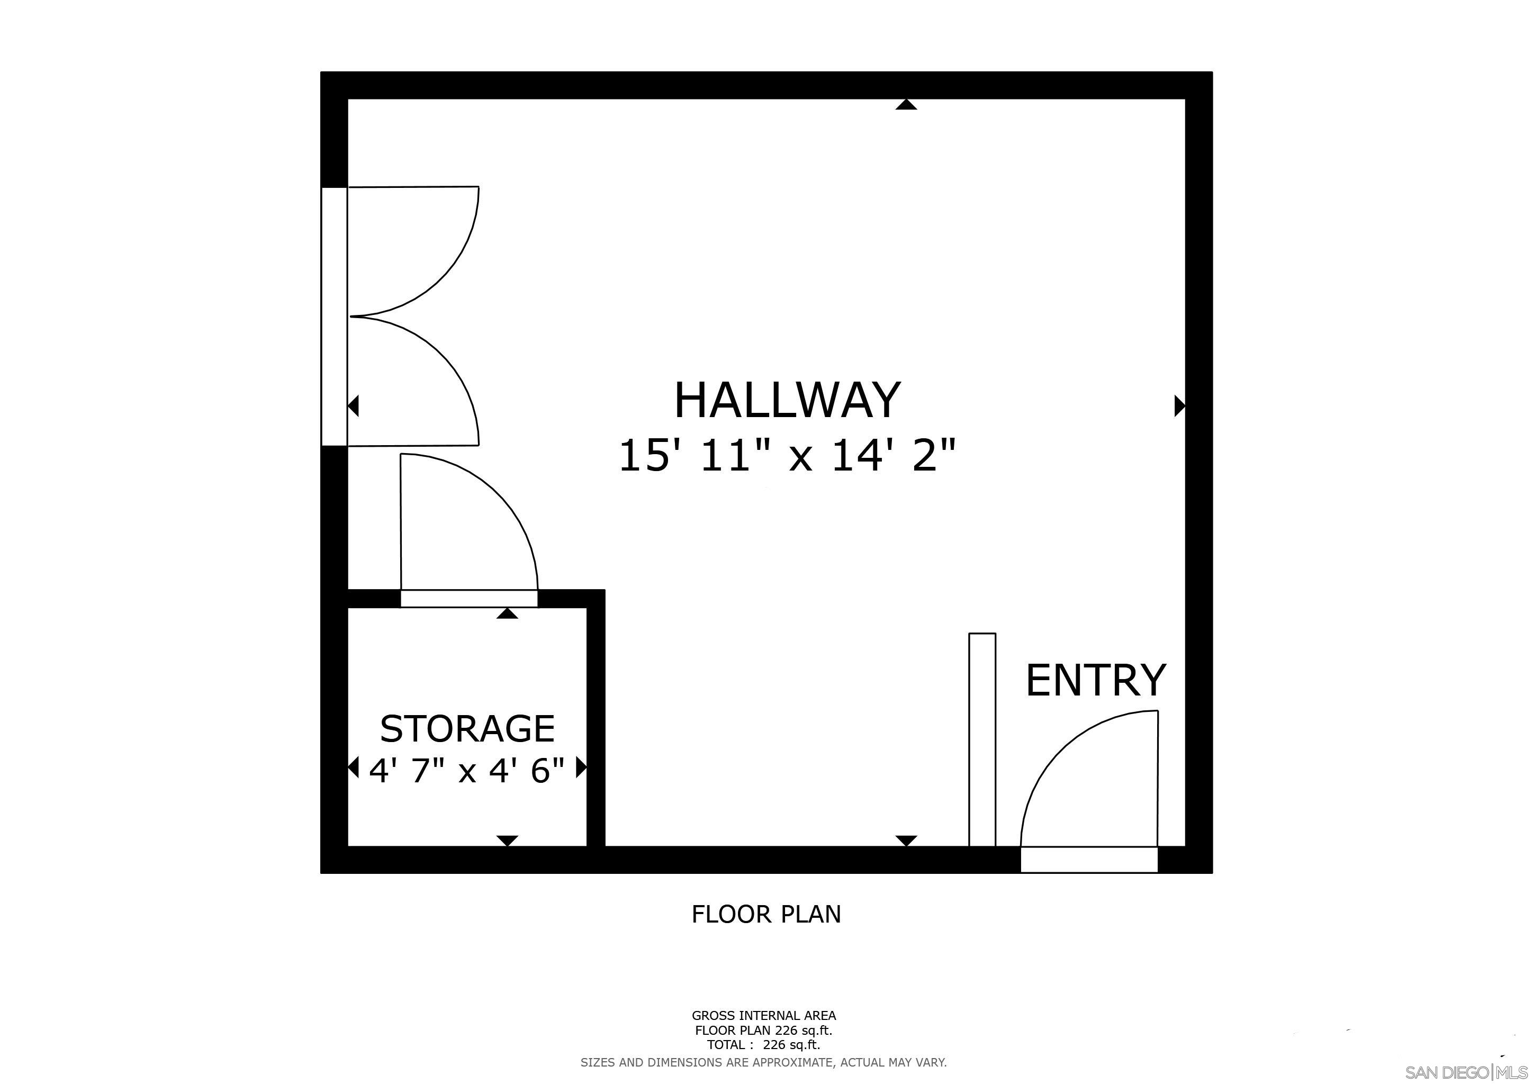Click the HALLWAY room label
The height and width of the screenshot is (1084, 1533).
coord(787,401)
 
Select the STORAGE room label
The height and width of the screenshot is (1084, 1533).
coord(467,729)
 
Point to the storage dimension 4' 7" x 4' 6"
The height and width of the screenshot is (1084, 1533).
coord(467,771)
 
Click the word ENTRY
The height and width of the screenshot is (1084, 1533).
coord(1095,681)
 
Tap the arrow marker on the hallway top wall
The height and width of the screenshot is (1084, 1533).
coord(906,104)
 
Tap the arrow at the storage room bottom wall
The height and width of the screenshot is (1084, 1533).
coord(508,841)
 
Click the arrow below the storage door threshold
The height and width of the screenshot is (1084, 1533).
coord(508,613)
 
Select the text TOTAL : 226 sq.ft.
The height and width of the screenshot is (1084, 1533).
coord(763,1045)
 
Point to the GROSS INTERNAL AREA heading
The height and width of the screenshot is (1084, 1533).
coord(763,1016)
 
